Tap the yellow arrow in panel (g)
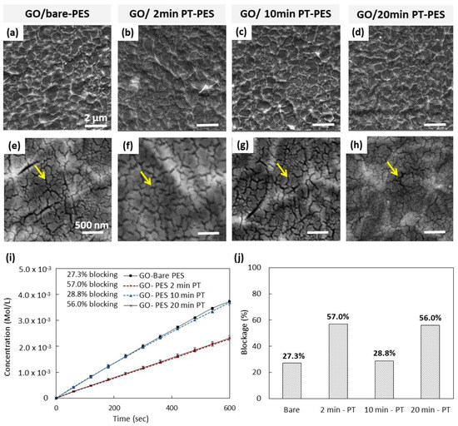[284, 171]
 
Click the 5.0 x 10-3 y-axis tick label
[32, 269]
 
